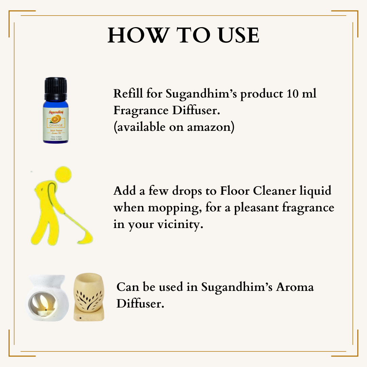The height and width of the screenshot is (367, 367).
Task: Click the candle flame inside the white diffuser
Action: [46, 308]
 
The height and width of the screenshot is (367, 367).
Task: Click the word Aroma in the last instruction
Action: [295, 287]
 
